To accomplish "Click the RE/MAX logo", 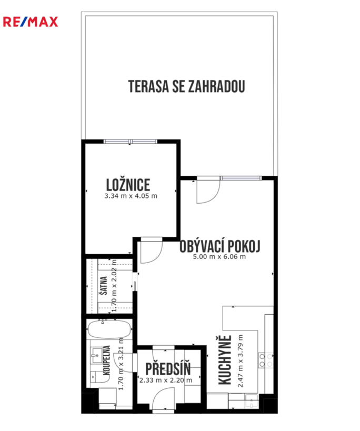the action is point(31,22).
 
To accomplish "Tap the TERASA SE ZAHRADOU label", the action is point(187,86).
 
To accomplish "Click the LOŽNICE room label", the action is point(128,185).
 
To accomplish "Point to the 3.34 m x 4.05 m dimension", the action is point(131,196).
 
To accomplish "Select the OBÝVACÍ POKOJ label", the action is point(220,246).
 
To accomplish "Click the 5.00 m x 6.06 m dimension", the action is point(219,257).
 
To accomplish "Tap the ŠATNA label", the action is point(104,286).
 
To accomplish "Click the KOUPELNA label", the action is point(106,360).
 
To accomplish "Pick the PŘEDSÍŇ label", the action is point(168,369).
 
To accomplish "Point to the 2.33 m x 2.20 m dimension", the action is point(166,380).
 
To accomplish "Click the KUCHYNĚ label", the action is point(225,360).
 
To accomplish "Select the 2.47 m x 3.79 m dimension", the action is point(241,361).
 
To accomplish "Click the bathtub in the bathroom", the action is point(109,329).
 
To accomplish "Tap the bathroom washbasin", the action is point(97,355).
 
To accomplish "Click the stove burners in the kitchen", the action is point(266,360).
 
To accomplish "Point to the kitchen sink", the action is point(252,402).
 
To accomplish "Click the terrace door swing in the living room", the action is point(214,196).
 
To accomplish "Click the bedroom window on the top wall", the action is point(131,142).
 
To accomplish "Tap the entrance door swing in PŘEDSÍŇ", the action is point(159,393).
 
